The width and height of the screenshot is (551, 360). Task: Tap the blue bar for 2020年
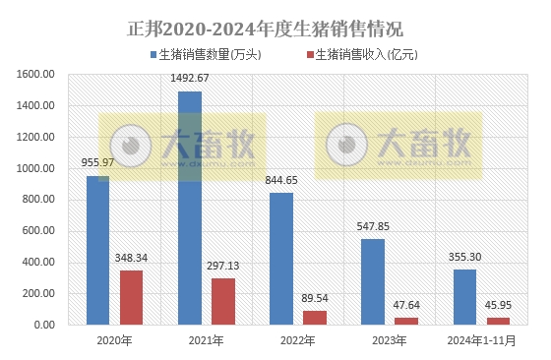click(x=97, y=250)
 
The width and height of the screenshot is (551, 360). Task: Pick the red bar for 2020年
click(x=132, y=297)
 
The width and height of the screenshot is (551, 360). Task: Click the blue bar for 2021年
click(x=189, y=208)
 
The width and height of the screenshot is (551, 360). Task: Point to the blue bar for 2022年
click(x=280, y=258)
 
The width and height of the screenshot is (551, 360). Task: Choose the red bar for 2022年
click(x=315, y=318)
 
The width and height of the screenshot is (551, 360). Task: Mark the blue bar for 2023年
click(x=373, y=281)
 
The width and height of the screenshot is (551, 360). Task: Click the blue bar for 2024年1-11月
click(x=464, y=296)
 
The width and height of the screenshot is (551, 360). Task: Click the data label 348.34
click(x=132, y=258)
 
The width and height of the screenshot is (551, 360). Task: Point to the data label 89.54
click(x=315, y=298)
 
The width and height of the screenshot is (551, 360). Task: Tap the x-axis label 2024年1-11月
click(x=482, y=340)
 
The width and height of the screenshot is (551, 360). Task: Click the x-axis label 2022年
click(x=297, y=340)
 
